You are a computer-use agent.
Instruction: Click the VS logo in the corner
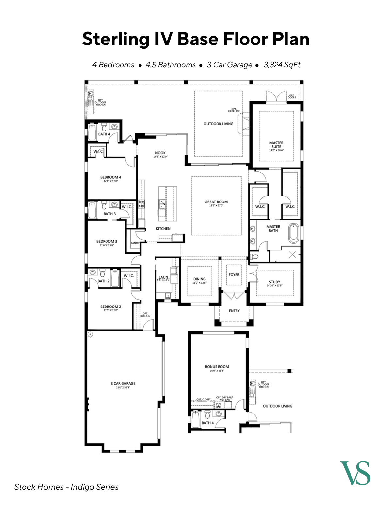tap(355, 473)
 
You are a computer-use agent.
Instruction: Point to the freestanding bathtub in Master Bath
tap(294, 233)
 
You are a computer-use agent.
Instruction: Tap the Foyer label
tap(234, 275)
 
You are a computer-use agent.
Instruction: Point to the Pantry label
tap(135, 243)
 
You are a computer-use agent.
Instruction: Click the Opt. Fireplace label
tap(234, 110)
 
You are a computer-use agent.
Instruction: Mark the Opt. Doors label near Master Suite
tap(292, 96)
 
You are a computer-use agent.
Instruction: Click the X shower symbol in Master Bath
tap(292, 255)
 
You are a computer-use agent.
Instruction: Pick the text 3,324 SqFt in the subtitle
tap(282, 65)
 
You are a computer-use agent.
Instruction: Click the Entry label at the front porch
tap(234, 311)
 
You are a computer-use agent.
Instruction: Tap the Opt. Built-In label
tap(145, 315)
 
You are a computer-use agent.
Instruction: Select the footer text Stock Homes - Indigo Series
tap(66, 487)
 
